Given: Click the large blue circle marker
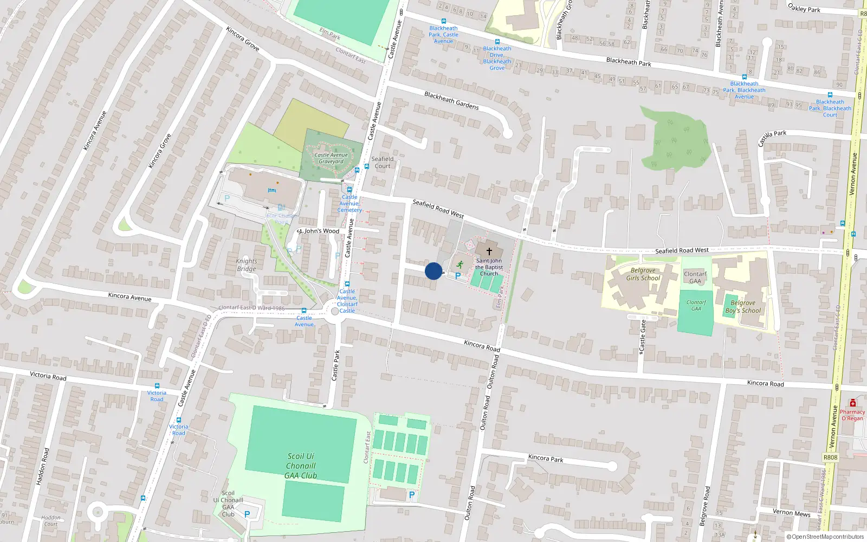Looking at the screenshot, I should tap(433, 271).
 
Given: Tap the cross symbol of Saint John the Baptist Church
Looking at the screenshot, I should tap(489, 251).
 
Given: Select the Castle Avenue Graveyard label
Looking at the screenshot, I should tap(331, 158).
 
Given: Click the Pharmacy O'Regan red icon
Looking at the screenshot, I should tap(853, 403).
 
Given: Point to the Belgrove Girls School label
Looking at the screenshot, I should tap(643, 274).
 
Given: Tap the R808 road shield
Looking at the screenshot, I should tap(830, 457).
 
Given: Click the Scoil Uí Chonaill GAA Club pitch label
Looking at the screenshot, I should tap(301, 466).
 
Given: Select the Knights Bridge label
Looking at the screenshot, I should tap(247, 264).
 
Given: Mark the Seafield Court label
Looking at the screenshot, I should tap(383, 163).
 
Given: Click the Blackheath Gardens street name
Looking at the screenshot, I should tap(451, 100).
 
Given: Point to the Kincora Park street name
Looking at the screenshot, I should tap(546, 458).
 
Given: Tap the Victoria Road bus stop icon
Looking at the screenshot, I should tap(157, 386).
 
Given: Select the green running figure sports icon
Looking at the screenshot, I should tap(460, 264).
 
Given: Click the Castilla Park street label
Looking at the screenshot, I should tap(772, 137).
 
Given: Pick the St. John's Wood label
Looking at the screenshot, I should tap(318, 231).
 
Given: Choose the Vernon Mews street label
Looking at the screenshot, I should tap(791, 513).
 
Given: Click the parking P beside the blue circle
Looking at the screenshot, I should tap(458, 276).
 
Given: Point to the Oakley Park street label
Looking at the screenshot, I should tap(804, 8).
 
